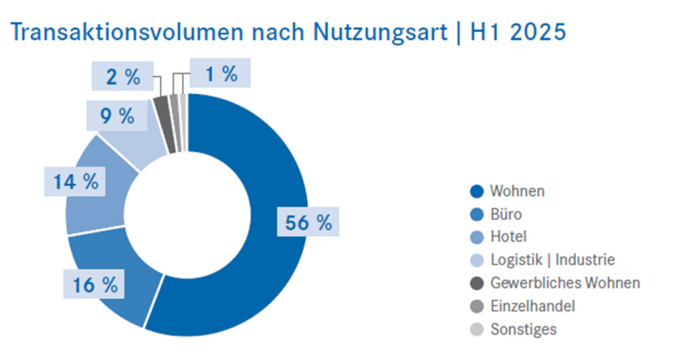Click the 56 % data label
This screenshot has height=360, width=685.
308,223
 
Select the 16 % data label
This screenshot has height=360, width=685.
95,285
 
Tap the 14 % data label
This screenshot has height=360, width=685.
76,181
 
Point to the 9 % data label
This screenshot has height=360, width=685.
118,116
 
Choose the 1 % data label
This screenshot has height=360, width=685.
220,74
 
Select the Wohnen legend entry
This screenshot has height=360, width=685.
508,191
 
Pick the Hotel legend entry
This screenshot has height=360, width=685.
499,237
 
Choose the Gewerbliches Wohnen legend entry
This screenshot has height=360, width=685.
555,283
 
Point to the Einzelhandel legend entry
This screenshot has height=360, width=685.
523,306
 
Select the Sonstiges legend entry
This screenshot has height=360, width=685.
514,329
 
